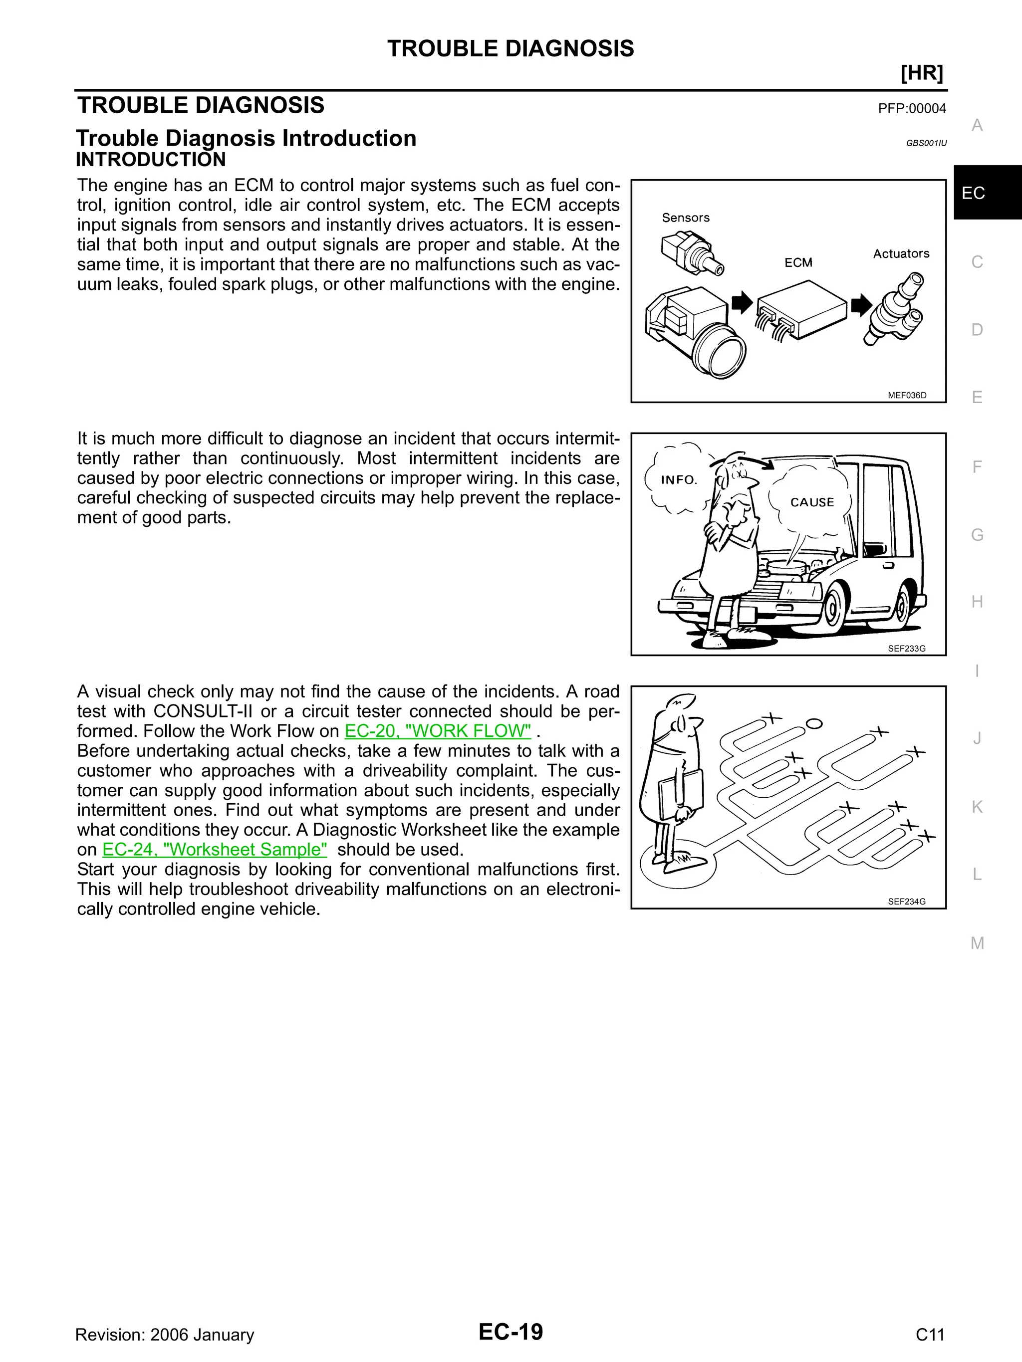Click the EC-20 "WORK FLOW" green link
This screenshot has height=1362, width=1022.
(437, 731)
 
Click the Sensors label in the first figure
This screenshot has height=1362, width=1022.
(685, 218)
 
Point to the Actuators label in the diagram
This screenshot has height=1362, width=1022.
(901, 253)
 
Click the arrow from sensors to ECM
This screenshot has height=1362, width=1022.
(742, 302)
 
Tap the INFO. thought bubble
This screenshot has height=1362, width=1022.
(678, 479)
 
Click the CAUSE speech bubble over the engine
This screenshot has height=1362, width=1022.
(811, 502)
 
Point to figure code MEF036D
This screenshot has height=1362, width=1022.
(906, 395)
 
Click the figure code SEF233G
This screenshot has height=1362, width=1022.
(906, 649)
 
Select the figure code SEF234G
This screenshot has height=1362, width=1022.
(906, 902)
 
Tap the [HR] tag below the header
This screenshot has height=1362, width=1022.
(921, 73)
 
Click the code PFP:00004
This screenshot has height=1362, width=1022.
(911, 109)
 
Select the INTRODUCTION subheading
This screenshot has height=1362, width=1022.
(150, 160)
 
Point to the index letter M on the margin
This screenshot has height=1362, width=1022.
(977, 943)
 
